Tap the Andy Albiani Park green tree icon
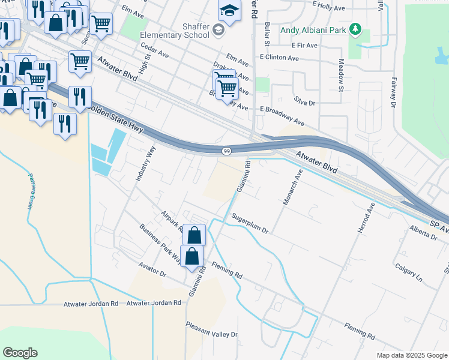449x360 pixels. [355, 28]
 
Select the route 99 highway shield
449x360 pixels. [226, 151]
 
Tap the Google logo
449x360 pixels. [20, 352]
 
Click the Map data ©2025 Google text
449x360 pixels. [411, 355]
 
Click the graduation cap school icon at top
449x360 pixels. [229, 10]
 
